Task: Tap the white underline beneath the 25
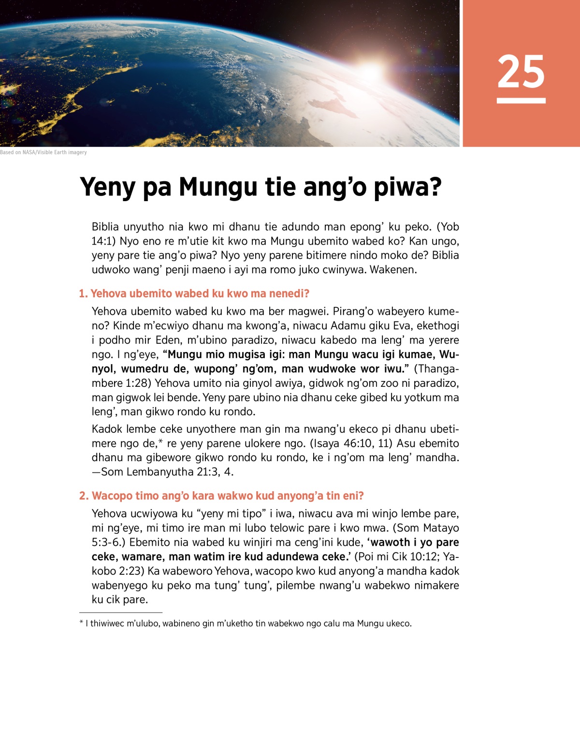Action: point(521,101)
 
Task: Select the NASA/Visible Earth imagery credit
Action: point(43,152)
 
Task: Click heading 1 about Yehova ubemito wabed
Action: point(194,293)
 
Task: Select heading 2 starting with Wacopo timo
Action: point(221,496)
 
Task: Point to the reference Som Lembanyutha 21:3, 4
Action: point(167,472)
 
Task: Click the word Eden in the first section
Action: point(167,340)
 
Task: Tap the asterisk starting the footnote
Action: point(81,623)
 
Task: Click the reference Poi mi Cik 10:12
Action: point(397,556)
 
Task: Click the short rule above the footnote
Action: point(114,613)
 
